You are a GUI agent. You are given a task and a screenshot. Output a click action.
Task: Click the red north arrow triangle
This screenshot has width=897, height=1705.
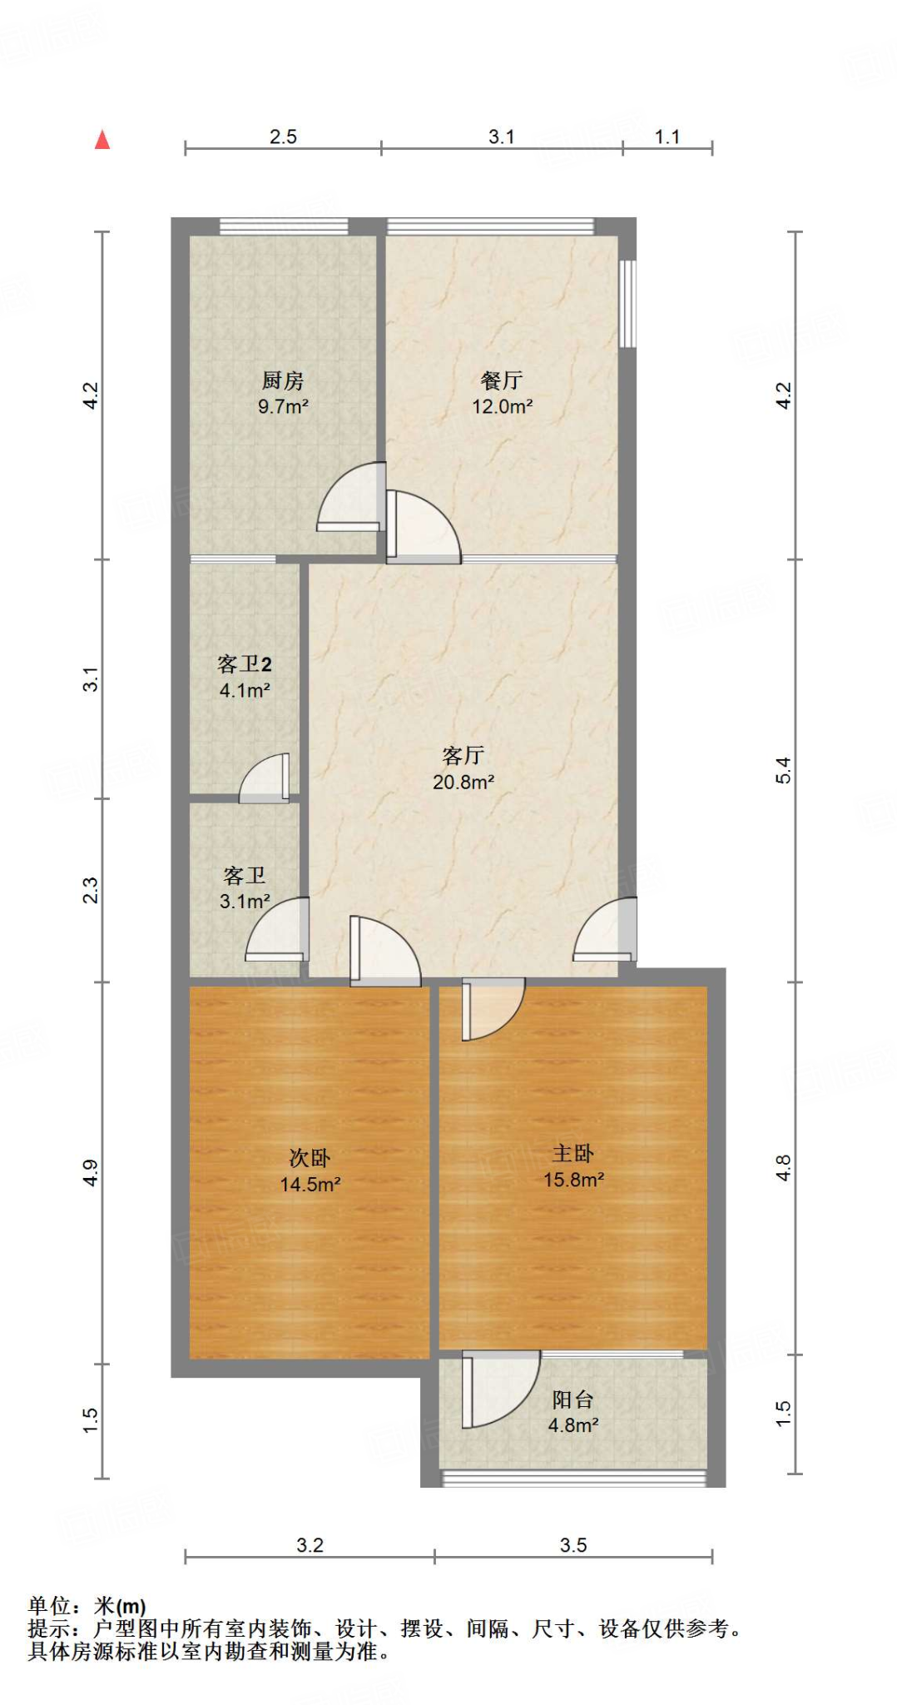[102, 140]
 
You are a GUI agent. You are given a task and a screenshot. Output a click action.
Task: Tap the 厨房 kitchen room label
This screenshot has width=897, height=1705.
[283, 381]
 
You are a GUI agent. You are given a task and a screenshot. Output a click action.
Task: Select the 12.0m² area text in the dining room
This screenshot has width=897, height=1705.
[502, 407]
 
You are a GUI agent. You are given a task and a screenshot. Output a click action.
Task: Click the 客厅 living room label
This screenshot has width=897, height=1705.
[463, 755]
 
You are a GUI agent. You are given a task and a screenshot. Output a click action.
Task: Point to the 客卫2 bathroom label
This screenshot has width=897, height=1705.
[244, 664]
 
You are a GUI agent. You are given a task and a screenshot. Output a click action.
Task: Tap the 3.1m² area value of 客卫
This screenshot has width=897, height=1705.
[245, 902]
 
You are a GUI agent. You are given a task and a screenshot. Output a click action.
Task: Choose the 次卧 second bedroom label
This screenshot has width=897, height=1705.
[310, 1157]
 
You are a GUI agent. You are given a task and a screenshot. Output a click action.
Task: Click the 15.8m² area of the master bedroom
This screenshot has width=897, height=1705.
[573, 1180]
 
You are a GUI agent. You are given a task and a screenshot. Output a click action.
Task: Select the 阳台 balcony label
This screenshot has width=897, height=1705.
[572, 1399]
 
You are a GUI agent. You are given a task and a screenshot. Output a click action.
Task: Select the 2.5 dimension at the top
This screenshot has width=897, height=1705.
[283, 137]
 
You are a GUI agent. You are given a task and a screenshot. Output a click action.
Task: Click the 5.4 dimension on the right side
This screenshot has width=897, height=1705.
[783, 770]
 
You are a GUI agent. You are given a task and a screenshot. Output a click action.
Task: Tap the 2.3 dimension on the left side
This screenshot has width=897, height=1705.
[91, 891]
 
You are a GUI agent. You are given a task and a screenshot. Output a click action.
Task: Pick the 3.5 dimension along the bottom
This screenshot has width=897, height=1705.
[573, 1545]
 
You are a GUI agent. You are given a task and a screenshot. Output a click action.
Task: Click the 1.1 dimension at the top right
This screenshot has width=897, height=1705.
[667, 137]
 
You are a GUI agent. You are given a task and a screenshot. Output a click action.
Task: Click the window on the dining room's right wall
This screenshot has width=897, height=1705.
[628, 304]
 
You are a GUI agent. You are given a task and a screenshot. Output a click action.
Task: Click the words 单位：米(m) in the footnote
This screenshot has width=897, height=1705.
[87, 1606]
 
